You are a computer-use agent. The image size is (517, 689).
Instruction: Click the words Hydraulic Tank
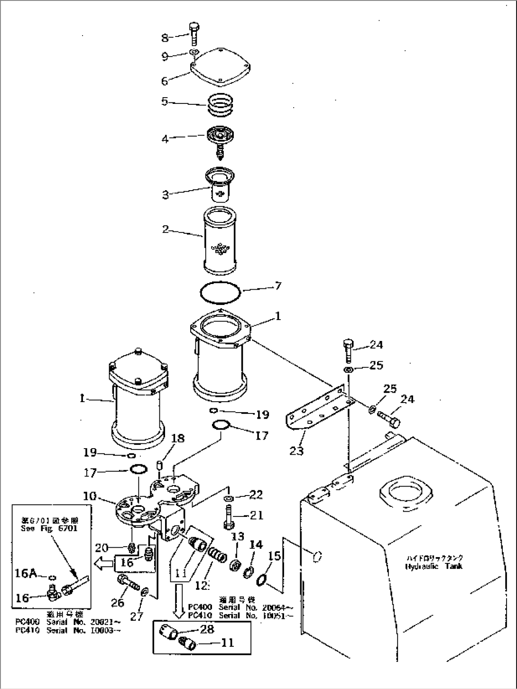pyautogui.click(x=434, y=566)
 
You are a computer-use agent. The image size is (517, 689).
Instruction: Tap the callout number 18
pyautogui.click(x=178, y=439)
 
